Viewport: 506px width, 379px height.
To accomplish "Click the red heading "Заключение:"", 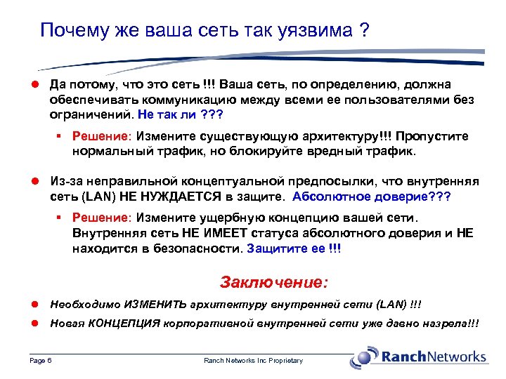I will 273,282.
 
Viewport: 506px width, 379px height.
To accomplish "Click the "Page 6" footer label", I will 40,360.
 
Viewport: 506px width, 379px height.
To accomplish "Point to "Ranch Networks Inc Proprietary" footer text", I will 253,360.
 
